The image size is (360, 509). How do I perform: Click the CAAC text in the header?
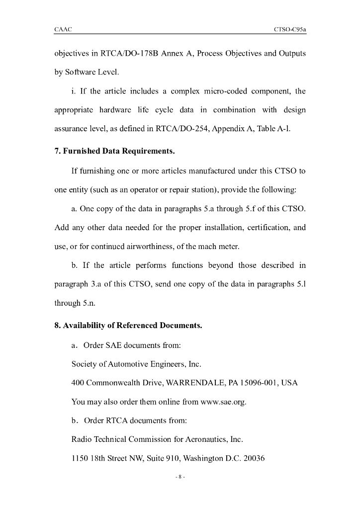[x=63, y=30]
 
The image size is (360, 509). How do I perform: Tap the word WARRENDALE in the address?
[x=190, y=383]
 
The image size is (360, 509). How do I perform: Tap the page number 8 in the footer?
[x=180, y=478]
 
